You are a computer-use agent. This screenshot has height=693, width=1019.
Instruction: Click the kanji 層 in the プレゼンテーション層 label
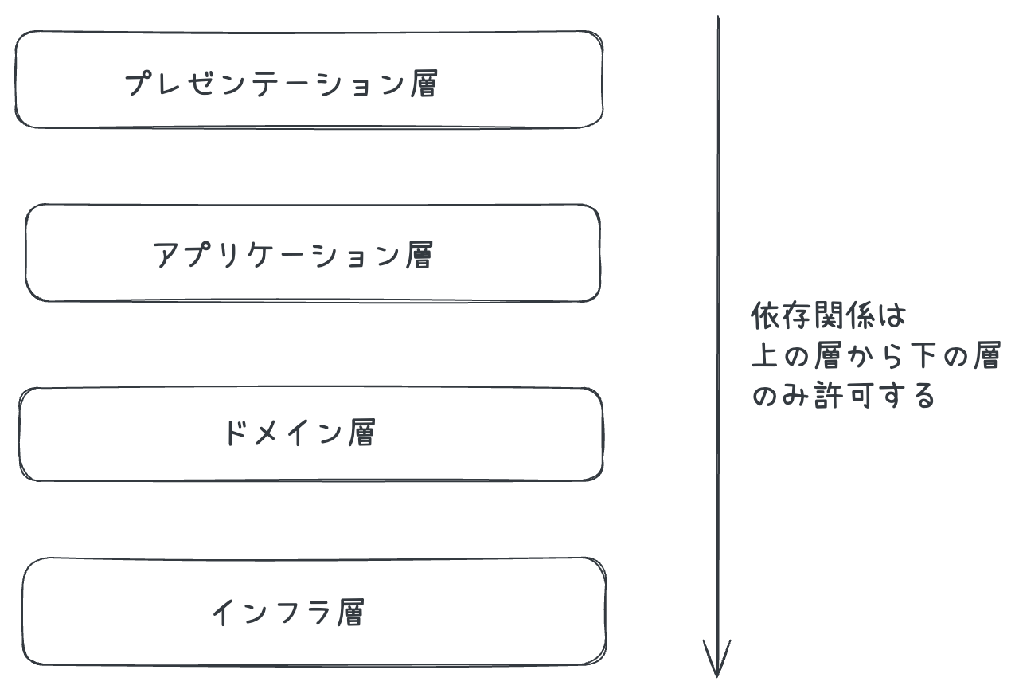point(424,83)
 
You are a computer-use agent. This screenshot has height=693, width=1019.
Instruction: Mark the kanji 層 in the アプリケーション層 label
point(418,256)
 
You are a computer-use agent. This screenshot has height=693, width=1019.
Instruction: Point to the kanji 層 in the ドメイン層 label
point(361,433)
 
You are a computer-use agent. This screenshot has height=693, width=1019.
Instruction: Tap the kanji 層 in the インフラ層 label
point(350,613)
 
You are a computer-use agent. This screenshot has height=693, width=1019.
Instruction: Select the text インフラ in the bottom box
point(268,613)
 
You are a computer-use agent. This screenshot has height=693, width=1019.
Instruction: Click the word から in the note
point(874,356)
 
